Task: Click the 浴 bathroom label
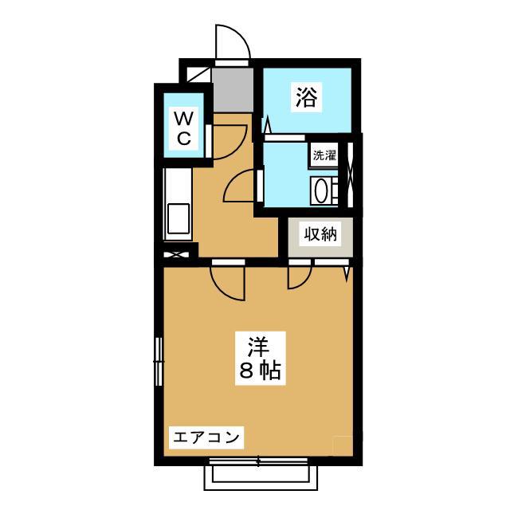click(x=306, y=97)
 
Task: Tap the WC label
click(x=184, y=128)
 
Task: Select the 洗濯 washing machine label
click(x=324, y=155)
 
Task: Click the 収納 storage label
click(x=320, y=233)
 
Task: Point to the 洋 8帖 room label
click(x=261, y=358)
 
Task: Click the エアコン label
click(x=206, y=437)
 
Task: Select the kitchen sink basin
click(x=178, y=218)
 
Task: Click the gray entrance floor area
click(x=232, y=90)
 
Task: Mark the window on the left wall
click(x=159, y=361)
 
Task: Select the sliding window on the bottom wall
click(x=258, y=461)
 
